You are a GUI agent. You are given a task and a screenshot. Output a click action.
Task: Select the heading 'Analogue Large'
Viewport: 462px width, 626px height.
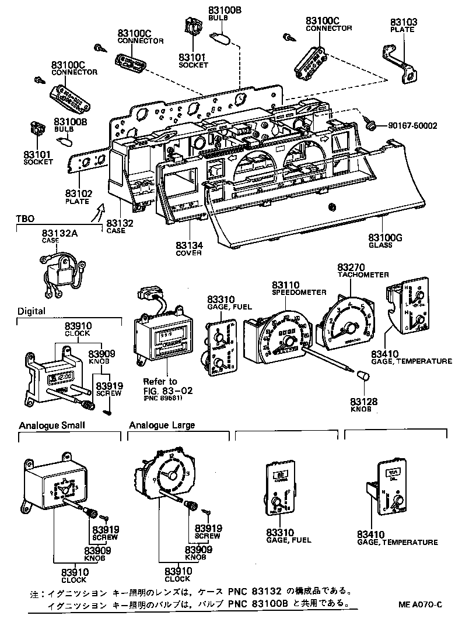(x=162, y=425)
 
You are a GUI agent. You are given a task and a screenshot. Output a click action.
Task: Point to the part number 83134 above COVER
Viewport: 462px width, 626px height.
(x=189, y=245)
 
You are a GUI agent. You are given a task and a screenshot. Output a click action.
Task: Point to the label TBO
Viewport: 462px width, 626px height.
(x=24, y=219)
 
